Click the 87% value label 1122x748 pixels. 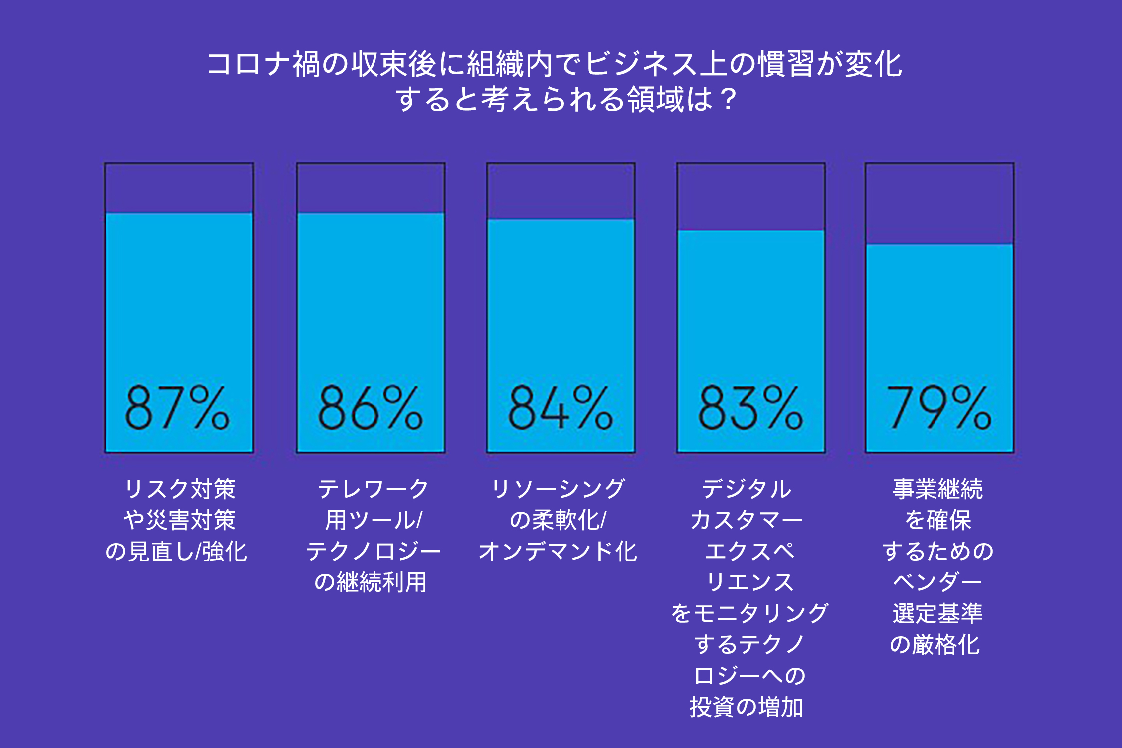coord(178,408)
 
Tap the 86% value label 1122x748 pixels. coord(371,408)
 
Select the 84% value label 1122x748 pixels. coord(561,408)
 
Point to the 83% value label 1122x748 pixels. coord(750,408)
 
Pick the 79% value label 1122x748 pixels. coord(939,408)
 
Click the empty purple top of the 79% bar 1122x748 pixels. coord(939,203)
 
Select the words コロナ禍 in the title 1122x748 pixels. coord(263,65)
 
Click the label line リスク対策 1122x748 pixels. coord(180,489)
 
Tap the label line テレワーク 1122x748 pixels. coord(373,489)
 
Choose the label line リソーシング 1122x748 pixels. coord(558,489)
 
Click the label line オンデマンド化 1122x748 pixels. coord(558,552)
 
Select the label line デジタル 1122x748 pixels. coord(747,489)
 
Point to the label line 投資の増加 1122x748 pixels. coord(747,707)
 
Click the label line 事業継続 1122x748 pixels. coord(938,489)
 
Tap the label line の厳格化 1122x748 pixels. coord(935,644)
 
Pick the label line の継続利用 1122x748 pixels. coord(371,582)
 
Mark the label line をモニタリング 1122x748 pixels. coord(749,613)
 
